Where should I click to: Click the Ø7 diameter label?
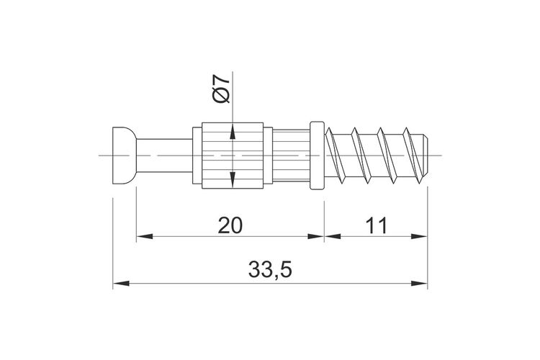coord(222,89)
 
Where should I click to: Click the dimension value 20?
coord(230,225)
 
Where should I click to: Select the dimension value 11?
coord(377,225)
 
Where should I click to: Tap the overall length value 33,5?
coord(270,270)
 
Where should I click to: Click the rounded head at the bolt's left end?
coord(124,156)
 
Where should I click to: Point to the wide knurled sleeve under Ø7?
coord(233,156)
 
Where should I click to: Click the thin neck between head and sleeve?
coord(164,156)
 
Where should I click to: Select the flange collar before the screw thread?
coord(318,156)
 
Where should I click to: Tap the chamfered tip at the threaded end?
coord(426,156)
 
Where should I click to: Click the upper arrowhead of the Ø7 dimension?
coord(233,132)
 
